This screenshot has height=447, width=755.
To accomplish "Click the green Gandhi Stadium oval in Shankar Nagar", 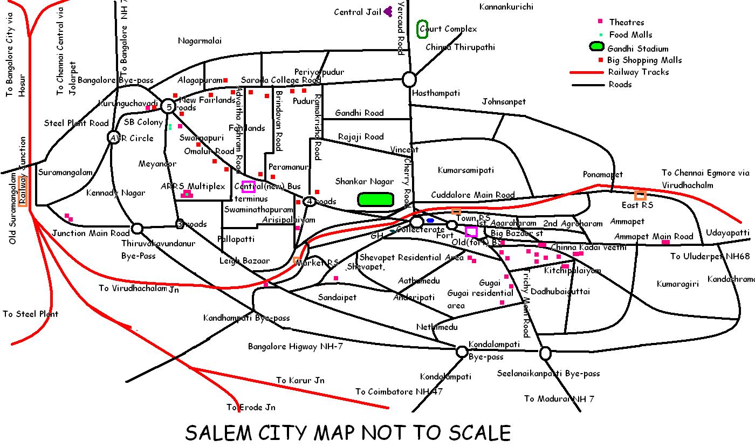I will [x=375, y=200].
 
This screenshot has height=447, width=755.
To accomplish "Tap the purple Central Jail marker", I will [x=388, y=12].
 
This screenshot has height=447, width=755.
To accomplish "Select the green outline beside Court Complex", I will [x=423, y=29].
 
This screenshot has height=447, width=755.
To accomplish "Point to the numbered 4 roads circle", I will [x=309, y=202].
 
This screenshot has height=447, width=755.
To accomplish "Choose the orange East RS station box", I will [x=640, y=195].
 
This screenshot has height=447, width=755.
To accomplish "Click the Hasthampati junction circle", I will [x=409, y=80].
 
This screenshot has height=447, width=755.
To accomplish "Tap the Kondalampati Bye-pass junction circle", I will [x=462, y=352].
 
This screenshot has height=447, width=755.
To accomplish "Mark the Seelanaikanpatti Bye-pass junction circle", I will [x=545, y=353].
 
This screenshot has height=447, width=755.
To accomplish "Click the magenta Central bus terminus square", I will [x=248, y=187].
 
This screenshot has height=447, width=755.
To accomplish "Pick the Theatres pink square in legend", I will [x=600, y=22].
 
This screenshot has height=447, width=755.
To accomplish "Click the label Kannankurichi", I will [x=506, y=7].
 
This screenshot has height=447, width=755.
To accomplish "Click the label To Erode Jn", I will [x=251, y=407].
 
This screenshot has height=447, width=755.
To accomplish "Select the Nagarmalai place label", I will [x=200, y=41].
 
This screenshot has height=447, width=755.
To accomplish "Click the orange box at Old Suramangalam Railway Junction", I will [x=23, y=191].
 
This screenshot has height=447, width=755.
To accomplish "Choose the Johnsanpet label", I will [x=503, y=101].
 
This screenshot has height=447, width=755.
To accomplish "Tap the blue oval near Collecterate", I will [x=430, y=221].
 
